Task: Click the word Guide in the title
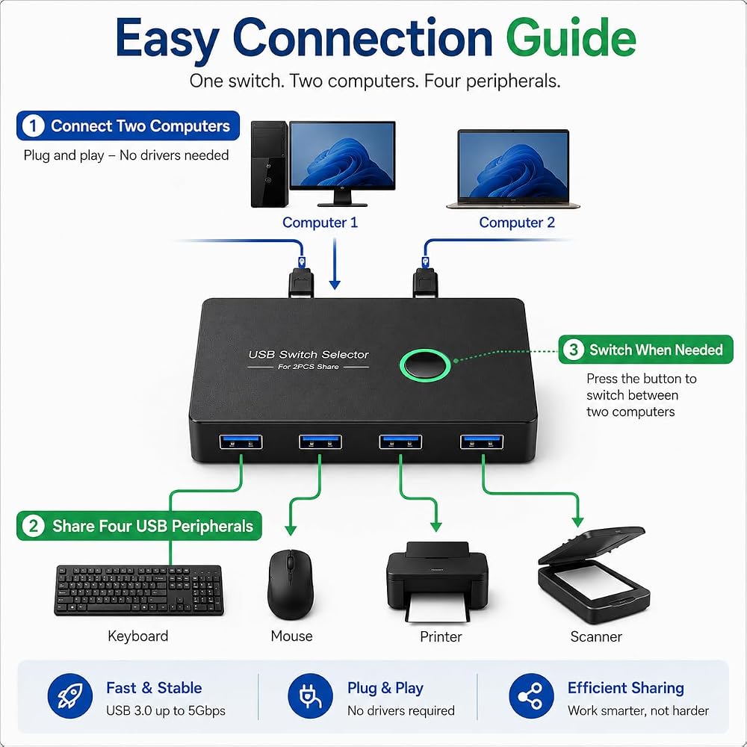(571, 37)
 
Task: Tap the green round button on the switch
(425, 365)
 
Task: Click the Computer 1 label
(320, 223)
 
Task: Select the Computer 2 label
(517, 223)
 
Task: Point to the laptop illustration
(513, 169)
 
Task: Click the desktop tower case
(270, 164)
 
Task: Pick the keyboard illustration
(139, 590)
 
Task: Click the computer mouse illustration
(291, 584)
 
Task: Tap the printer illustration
(437, 581)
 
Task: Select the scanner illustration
(593, 575)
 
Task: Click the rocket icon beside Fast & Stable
(70, 696)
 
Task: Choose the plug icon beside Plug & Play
(310, 696)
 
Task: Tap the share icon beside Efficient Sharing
(531, 696)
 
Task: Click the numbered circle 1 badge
(33, 125)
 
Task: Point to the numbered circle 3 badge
(574, 350)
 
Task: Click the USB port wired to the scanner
(482, 441)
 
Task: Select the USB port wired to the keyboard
(241, 441)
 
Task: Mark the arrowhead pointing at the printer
(436, 527)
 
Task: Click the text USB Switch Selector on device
(309, 354)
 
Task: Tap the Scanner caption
(596, 636)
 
